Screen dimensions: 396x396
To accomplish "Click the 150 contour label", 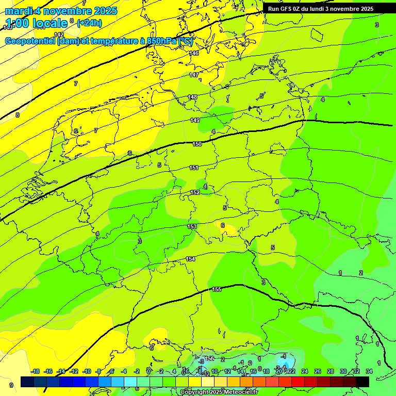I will (197, 144).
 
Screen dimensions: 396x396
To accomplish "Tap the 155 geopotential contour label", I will (217, 290).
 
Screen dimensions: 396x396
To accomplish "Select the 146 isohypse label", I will (194, 54).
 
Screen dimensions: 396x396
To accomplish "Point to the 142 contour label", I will (59, 35).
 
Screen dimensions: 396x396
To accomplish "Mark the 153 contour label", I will (192, 227).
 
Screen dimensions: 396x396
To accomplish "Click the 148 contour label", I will (192, 97).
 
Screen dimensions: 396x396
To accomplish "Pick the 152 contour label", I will (195, 193).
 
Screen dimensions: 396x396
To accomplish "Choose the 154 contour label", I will (190, 259).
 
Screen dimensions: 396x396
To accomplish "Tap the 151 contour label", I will (194, 168).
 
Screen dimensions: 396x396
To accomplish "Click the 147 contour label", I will (194, 75).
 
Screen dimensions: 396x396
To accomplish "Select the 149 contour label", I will (195, 121).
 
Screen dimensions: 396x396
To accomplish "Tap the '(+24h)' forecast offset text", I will (89, 23).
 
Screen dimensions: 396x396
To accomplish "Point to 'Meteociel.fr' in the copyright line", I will (239, 392).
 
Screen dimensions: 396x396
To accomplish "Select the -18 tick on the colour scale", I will (36, 371).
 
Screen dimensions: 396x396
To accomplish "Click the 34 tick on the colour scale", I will (369, 371).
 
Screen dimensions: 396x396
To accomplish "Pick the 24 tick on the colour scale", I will (305, 371).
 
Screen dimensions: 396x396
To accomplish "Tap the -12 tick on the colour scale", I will (74, 371).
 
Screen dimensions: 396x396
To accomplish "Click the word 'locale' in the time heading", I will (49, 23).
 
